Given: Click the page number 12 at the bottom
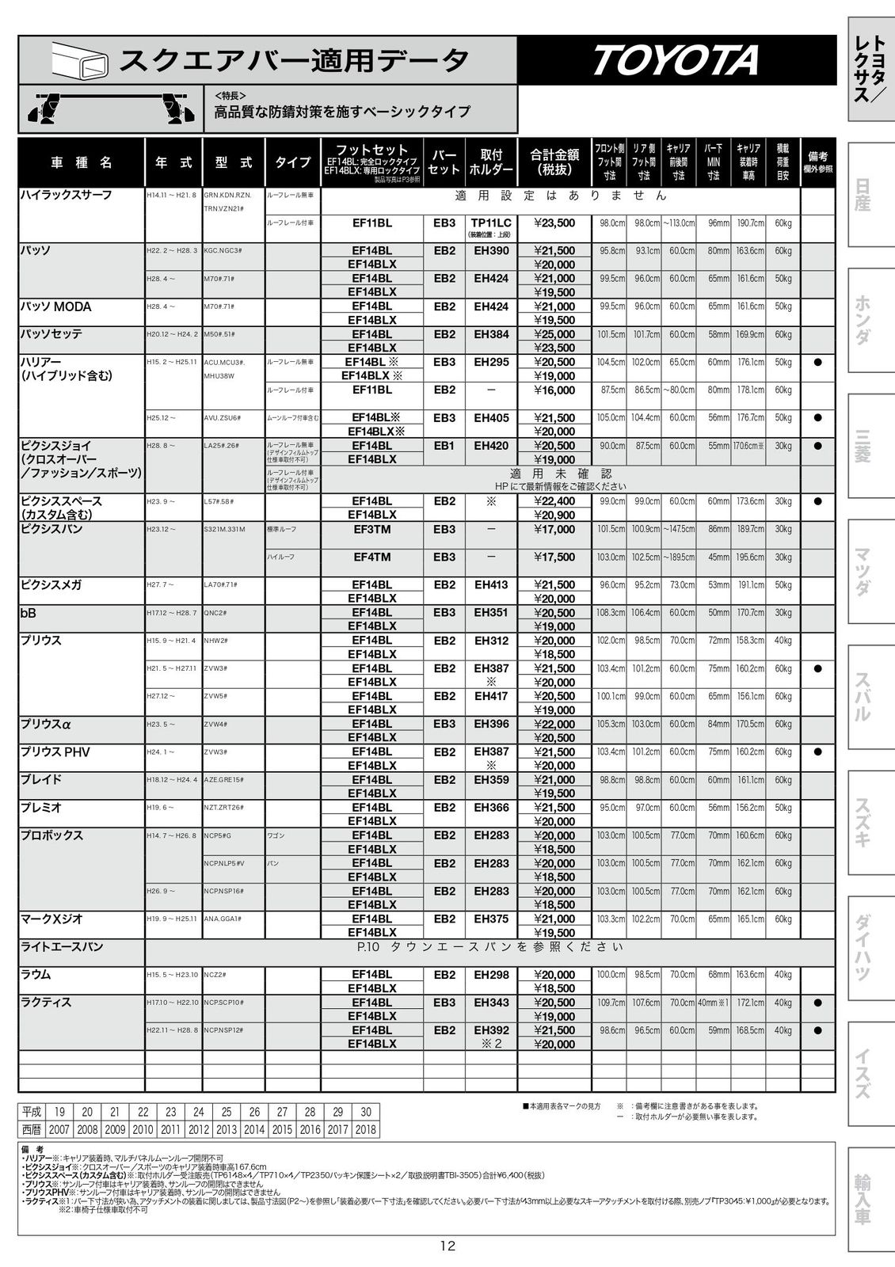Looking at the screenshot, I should click(447, 1246).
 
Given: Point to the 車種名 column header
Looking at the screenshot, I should click(82, 162).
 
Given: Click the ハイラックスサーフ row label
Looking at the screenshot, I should click(66, 195).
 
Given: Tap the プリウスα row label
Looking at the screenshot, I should click(46, 724).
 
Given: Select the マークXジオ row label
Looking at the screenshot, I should click(51, 919).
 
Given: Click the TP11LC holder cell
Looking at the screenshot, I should click(491, 223).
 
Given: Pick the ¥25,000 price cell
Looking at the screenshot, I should click(554, 334).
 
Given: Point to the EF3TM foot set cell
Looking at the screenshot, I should click(371, 529).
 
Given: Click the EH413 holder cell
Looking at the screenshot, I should click(491, 584).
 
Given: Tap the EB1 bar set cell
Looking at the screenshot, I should click(444, 446).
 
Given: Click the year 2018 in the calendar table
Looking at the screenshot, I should click(365, 1130).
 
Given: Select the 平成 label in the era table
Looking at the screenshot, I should click(32, 1112).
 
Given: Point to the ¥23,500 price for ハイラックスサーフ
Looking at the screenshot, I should click(554, 223).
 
